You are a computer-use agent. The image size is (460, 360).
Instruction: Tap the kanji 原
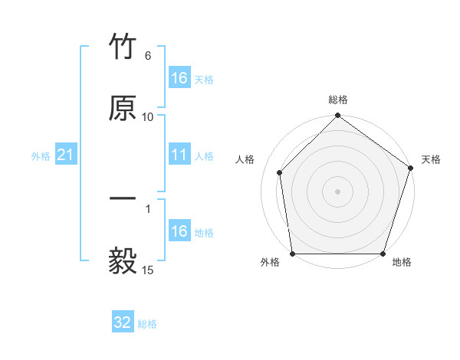[123, 109]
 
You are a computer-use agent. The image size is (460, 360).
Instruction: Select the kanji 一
[123, 199]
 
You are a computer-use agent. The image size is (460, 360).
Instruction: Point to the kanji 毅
[123, 260]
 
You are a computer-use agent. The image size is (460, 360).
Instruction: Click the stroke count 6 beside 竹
[148, 56]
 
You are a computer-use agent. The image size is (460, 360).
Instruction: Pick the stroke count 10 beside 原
[148, 116]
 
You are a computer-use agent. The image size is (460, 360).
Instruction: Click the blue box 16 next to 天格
[179, 78]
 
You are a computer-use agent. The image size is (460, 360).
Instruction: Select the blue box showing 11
[179, 155]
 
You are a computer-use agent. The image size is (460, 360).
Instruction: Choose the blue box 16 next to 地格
[179, 231]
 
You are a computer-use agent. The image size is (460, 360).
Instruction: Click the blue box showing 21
[66, 155]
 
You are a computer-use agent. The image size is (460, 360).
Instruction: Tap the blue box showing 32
[123, 322]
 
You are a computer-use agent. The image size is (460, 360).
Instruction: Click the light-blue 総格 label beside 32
[147, 324]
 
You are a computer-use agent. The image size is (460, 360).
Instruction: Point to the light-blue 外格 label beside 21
[41, 156]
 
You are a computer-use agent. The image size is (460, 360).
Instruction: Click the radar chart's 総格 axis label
[337, 100]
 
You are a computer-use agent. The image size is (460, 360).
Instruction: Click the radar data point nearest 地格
[383, 254]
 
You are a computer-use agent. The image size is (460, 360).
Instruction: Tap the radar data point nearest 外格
[292, 254]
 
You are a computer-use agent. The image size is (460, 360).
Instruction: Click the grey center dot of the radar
[337, 191]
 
